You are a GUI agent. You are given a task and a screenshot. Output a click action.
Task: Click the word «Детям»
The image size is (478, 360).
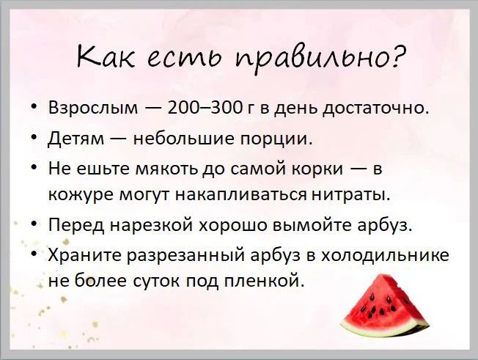76,139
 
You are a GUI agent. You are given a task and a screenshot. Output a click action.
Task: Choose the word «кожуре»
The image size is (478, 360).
81,195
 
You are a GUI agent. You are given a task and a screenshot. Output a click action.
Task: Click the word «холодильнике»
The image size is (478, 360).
386,255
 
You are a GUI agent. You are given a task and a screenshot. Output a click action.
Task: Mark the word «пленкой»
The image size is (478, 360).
264,281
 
